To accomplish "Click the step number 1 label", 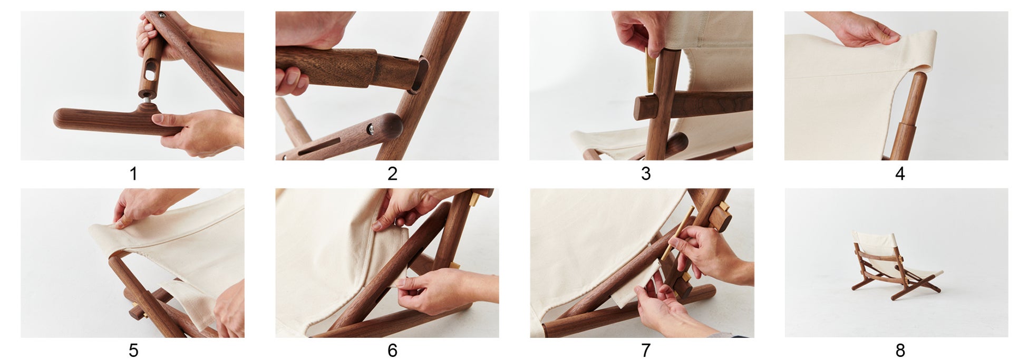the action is click(x=133, y=173).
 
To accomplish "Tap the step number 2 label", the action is click(x=392, y=173).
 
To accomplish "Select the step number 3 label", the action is click(x=646, y=173).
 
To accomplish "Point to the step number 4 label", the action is click(x=900, y=173).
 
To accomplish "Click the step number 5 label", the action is click(x=133, y=351).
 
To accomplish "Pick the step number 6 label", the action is click(x=392, y=351).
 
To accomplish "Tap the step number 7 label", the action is click(x=646, y=351).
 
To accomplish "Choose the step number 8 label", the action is click(x=900, y=351).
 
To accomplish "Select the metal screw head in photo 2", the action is click(x=372, y=128).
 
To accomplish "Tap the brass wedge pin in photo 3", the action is click(x=650, y=71).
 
